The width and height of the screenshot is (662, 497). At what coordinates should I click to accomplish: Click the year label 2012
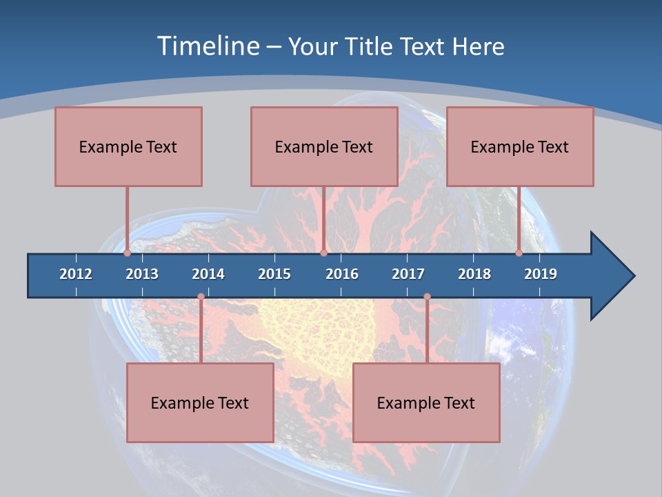click(x=76, y=274)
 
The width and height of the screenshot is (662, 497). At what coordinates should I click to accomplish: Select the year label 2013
click(x=142, y=274)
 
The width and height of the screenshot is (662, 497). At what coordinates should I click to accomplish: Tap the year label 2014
click(x=208, y=274)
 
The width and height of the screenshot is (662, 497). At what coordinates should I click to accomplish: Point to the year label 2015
click(x=274, y=274)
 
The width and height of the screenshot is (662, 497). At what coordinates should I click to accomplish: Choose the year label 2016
click(x=342, y=274)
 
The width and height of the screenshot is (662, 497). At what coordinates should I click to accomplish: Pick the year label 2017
click(x=408, y=274)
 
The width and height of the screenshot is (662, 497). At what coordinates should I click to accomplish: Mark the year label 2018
click(x=474, y=274)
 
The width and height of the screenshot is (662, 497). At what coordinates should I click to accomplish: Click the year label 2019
click(x=541, y=274)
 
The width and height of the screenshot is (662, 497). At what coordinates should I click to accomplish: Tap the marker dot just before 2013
click(x=128, y=253)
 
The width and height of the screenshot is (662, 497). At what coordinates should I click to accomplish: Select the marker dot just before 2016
click(x=323, y=253)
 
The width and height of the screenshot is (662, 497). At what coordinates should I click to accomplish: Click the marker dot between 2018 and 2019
click(x=519, y=253)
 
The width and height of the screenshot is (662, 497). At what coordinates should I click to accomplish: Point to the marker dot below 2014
click(x=201, y=297)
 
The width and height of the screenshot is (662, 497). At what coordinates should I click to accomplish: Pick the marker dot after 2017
click(x=427, y=297)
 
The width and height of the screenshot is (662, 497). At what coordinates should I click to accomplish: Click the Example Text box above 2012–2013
click(x=128, y=146)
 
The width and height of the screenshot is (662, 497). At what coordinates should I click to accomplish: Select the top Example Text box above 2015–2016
click(x=324, y=146)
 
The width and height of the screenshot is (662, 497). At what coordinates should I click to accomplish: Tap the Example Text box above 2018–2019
click(x=520, y=146)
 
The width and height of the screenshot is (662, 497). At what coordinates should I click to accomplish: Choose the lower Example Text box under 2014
click(x=200, y=402)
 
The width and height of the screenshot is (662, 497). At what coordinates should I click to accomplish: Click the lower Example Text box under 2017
click(x=426, y=402)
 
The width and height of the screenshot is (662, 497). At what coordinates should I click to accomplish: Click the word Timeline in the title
click(x=208, y=46)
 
